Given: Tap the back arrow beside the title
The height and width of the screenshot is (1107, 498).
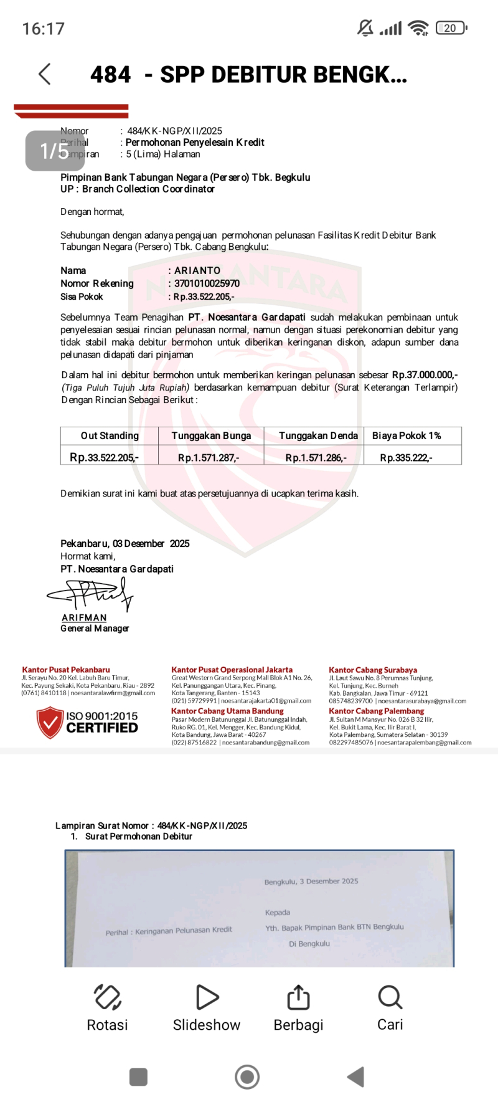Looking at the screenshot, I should [x=44, y=74].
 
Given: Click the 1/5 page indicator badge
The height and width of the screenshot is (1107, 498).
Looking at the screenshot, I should [x=55, y=151].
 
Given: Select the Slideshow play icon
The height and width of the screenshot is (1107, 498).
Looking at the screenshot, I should [x=207, y=997].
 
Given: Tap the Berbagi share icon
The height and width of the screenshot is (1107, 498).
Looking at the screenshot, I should [x=298, y=997].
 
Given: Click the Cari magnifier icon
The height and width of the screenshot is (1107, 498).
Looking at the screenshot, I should [x=390, y=997].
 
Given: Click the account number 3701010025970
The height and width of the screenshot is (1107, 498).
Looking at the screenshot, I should [x=207, y=283].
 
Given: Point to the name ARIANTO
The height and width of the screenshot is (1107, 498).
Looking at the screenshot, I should [x=197, y=270].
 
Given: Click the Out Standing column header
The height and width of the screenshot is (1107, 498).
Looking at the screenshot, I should [x=110, y=436].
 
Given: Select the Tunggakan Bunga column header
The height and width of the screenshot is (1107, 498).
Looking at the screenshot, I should [x=211, y=436].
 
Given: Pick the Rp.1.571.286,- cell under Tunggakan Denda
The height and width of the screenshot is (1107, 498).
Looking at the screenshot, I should [x=316, y=458].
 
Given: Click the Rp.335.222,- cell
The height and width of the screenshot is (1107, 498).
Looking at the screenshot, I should [x=406, y=458].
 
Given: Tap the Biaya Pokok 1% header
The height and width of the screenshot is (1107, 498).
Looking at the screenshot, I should [x=406, y=436].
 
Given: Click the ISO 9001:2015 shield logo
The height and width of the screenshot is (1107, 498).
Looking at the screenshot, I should [x=50, y=722].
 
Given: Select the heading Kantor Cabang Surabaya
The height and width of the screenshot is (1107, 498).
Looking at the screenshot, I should [x=373, y=670].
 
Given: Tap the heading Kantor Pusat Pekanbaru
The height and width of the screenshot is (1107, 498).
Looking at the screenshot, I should [x=66, y=670].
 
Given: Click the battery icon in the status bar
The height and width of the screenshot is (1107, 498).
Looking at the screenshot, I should [x=451, y=28].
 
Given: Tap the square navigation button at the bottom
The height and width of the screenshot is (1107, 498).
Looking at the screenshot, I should [x=138, y=1076].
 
